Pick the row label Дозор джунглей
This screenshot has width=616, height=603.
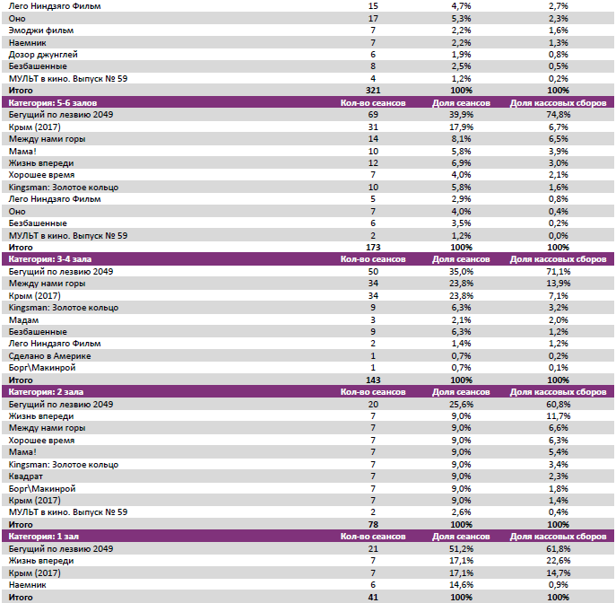coord(43,54)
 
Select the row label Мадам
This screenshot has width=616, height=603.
coord(25,319)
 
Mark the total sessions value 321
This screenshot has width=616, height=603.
coord(373,91)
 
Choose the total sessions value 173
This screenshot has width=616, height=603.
coord(373,247)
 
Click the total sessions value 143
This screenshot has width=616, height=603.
coord(373,380)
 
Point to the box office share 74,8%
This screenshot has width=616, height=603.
coord(557,115)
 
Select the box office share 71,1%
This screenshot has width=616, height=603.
coord(557,271)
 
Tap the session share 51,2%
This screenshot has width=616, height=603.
coord(461,548)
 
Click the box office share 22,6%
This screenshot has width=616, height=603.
coord(557,560)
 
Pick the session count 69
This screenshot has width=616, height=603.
coord(373,115)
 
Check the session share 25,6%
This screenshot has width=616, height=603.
coord(461,404)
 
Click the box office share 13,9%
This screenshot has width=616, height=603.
coord(557,284)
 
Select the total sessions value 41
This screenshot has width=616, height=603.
coord(373,597)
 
